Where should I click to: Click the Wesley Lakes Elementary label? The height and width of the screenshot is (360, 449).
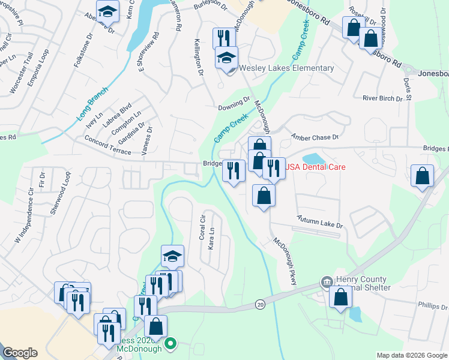[286, 68]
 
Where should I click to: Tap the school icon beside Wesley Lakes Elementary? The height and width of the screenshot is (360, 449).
[227, 58]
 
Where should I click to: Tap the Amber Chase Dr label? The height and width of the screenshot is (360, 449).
[315, 137]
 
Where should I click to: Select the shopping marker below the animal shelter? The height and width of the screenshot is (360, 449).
[341, 297]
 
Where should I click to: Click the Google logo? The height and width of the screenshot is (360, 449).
[20, 353]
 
